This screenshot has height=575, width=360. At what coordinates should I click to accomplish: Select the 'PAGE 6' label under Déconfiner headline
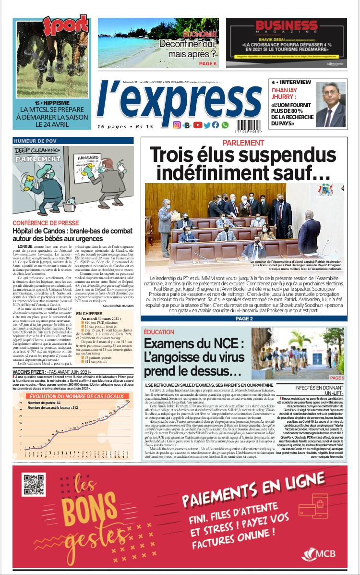click(x=207, y=63)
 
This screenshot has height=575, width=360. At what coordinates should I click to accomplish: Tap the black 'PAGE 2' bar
click(x=244, y=318)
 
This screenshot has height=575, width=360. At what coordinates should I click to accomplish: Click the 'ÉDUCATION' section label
click(x=158, y=331)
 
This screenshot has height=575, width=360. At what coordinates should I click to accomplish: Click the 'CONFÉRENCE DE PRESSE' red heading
click(x=46, y=223)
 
